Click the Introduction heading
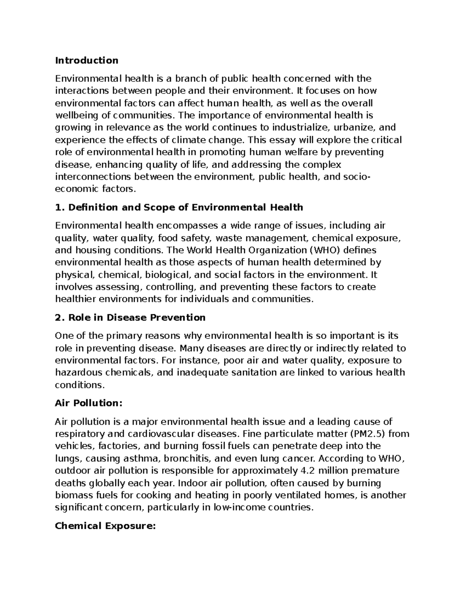tap(87, 61)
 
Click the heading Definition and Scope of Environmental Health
tap(179, 207)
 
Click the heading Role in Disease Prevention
tap(130, 318)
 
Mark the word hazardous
tap(78, 373)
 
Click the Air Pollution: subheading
tap(89, 403)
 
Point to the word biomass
tap(74, 495)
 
